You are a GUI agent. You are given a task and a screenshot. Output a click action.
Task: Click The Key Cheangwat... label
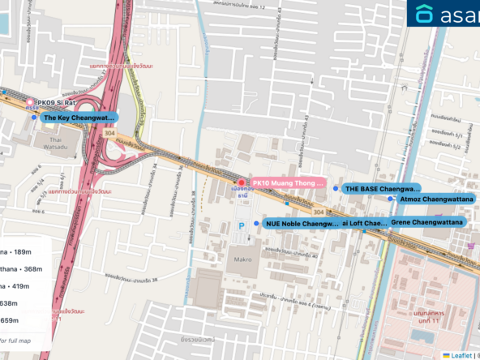coord(79,118)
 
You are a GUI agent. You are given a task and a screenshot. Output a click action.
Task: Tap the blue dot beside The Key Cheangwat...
coord(33,118)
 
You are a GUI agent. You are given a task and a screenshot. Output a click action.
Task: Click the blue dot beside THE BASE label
coord(336,188)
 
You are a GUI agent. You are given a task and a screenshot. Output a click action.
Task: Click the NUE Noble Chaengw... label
coord(301,223)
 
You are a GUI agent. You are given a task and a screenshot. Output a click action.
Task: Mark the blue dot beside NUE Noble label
coord(256,223)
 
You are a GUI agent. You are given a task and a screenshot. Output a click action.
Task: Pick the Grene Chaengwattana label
coord(426,222)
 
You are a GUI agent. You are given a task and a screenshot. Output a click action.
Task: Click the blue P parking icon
coord(240,226)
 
